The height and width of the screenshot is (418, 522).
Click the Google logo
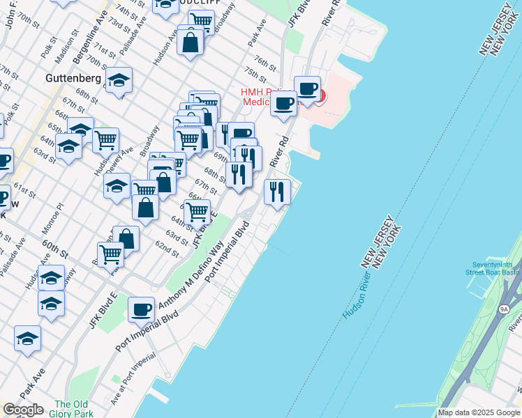pos(22,410)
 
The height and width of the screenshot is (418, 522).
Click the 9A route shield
pos(505,308)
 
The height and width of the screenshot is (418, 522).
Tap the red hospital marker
pos(320,95)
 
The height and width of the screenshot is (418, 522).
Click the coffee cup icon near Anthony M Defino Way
pos(142,309)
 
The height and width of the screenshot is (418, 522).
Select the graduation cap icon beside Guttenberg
pos(119,80)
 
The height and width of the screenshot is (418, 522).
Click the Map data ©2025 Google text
pos(479,412)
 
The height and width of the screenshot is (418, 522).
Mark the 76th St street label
pos(265,63)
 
